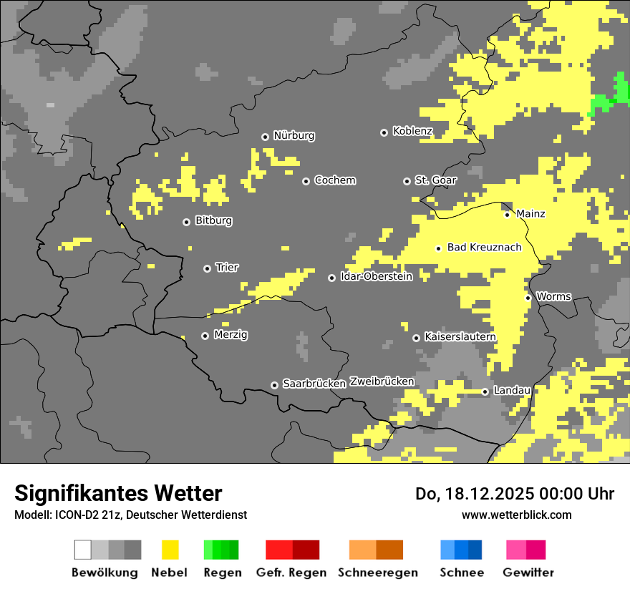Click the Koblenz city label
(412, 131)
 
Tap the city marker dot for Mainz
(507, 215)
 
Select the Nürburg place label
(294, 135)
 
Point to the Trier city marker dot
(207, 268)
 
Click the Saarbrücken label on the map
(314, 384)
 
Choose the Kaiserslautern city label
(460, 336)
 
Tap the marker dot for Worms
(528, 298)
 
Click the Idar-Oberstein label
(376, 276)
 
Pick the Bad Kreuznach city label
(484, 247)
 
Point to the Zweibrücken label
(382, 381)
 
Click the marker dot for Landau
(485, 391)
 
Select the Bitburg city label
(213, 220)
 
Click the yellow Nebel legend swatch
(170, 550)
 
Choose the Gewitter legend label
(528, 573)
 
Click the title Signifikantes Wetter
(118, 493)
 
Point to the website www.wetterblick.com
(516, 515)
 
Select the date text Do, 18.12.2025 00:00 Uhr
(514, 494)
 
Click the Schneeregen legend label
(377, 573)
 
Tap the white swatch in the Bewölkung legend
(82, 550)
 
